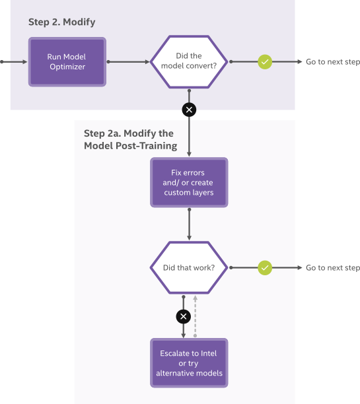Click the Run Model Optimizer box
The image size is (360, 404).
click(x=67, y=62)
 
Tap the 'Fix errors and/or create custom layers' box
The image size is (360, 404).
click(x=189, y=183)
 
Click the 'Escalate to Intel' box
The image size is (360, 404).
click(x=189, y=363)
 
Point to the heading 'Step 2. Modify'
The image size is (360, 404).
click(x=61, y=22)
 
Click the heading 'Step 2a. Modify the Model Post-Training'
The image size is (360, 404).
click(x=130, y=139)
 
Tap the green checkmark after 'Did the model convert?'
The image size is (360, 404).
click(x=265, y=62)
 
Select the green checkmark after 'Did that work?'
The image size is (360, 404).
click(x=265, y=268)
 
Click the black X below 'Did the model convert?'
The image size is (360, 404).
click(x=190, y=110)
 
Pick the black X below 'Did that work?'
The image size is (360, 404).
click(x=184, y=317)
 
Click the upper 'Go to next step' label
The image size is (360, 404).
click(x=332, y=62)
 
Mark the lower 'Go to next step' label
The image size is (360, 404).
click(x=332, y=268)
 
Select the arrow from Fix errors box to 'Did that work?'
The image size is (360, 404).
click(x=190, y=224)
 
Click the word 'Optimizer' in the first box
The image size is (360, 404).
click(x=67, y=67)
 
